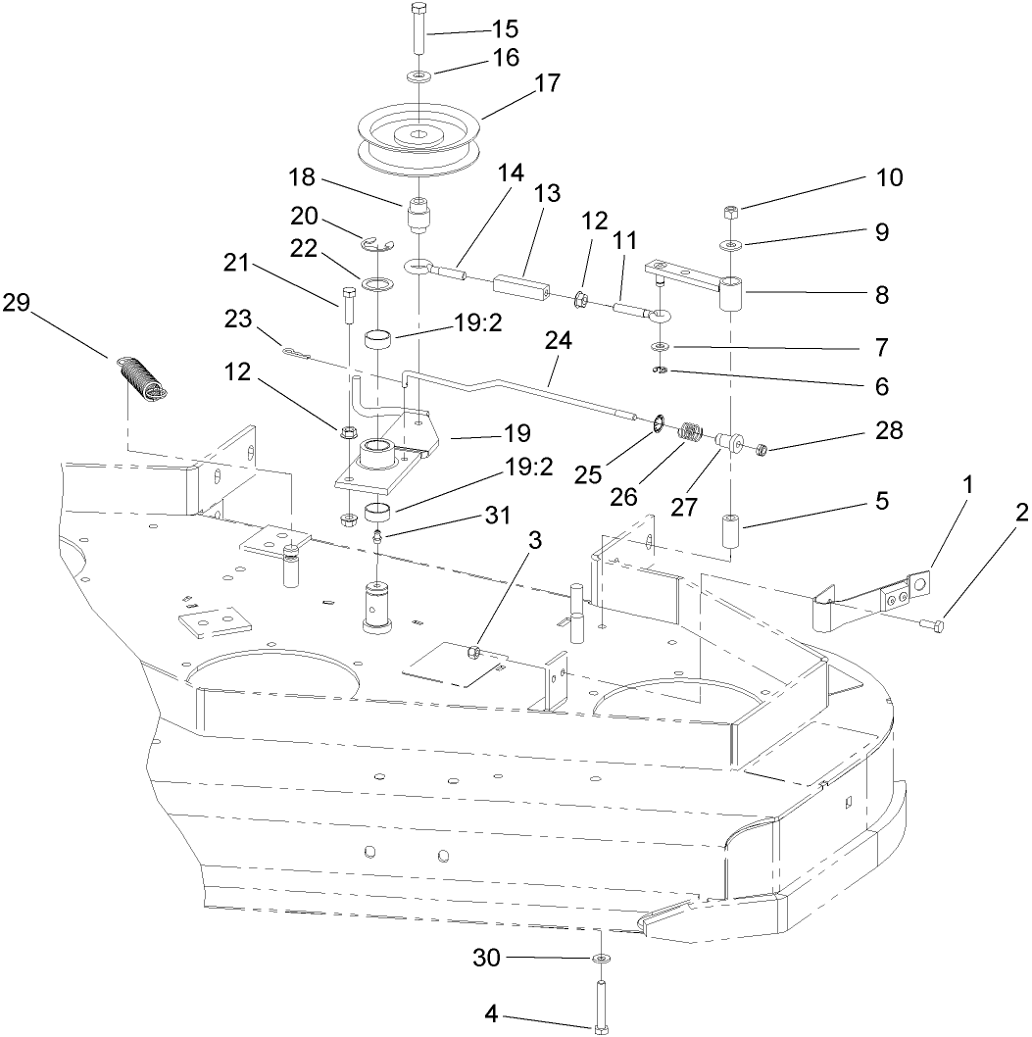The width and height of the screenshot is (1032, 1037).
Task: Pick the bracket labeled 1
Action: click(x=872, y=595)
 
